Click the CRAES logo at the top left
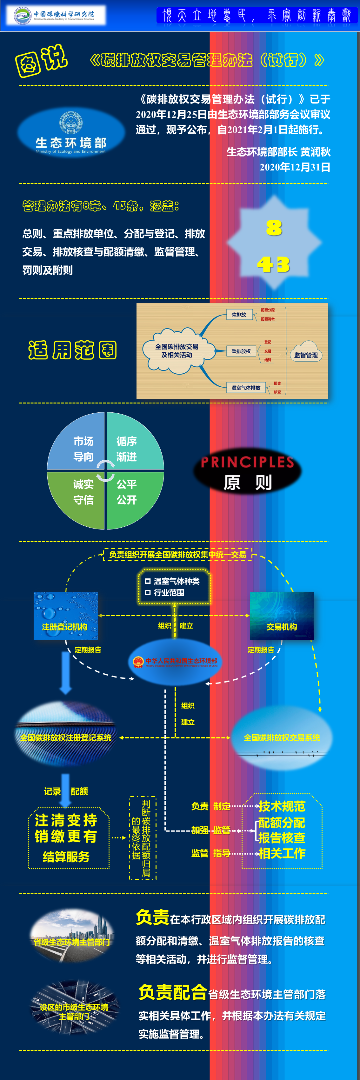pyautogui.click(x=22, y=16)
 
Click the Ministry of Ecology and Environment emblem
pyautogui.click(x=70, y=122)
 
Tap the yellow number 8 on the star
pyautogui.click(x=274, y=228)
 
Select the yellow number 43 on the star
pyautogui.click(x=273, y=264)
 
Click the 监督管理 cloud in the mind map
pyautogui.click(x=306, y=355)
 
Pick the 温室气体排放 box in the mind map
pyautogui.click(x=246, y=387)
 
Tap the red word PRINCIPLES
pyautogui.click(x=247, y=462)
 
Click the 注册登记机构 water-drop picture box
pyautogui.click(x=65, y=615)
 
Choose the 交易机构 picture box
pyautogui.click(x=282, y=615)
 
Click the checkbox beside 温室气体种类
pyautogui.click(x=148, y=581)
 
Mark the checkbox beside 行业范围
pyautogui.click(x=148, y=592)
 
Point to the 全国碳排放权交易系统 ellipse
pyautogui.click(x=282, y=737)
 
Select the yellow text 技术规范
pyautogui.click(x=282, y=806)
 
